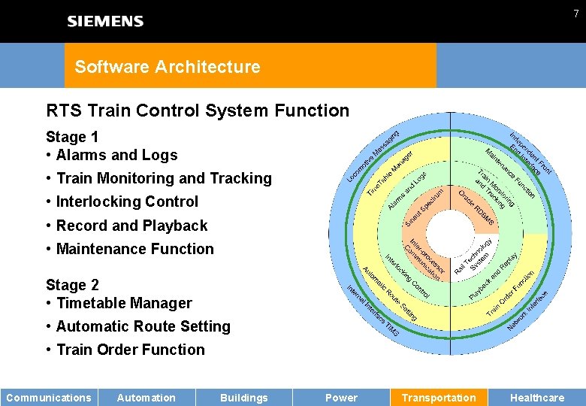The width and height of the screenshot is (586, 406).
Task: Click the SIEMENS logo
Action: (x=105, y=21)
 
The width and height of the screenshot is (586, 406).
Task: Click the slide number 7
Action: (x=575, y=14)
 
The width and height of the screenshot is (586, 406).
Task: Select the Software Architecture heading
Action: (x=167, y=66)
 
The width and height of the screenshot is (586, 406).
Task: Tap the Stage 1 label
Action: (x=71, y=137)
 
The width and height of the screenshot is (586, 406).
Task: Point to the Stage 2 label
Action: (x=71, y=285)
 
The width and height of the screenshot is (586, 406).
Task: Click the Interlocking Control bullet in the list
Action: (x=127, y=201)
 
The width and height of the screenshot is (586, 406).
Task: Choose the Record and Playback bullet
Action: (x=131, y=226)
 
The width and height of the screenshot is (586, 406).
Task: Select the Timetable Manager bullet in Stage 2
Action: (x=124, y=303)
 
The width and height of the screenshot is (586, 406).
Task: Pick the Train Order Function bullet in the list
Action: (x=130, y=350)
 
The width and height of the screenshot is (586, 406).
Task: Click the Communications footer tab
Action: (x=49, y=398)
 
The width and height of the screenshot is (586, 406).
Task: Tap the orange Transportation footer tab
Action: (x=439, y=398)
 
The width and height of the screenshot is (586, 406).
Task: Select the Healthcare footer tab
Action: (x=536, y=398)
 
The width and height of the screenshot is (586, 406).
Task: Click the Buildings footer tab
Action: (x=243, y=398)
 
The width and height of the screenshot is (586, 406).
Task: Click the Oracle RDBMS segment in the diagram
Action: (x=476, y=205)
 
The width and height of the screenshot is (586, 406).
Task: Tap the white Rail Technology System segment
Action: (x=473, y=255)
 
